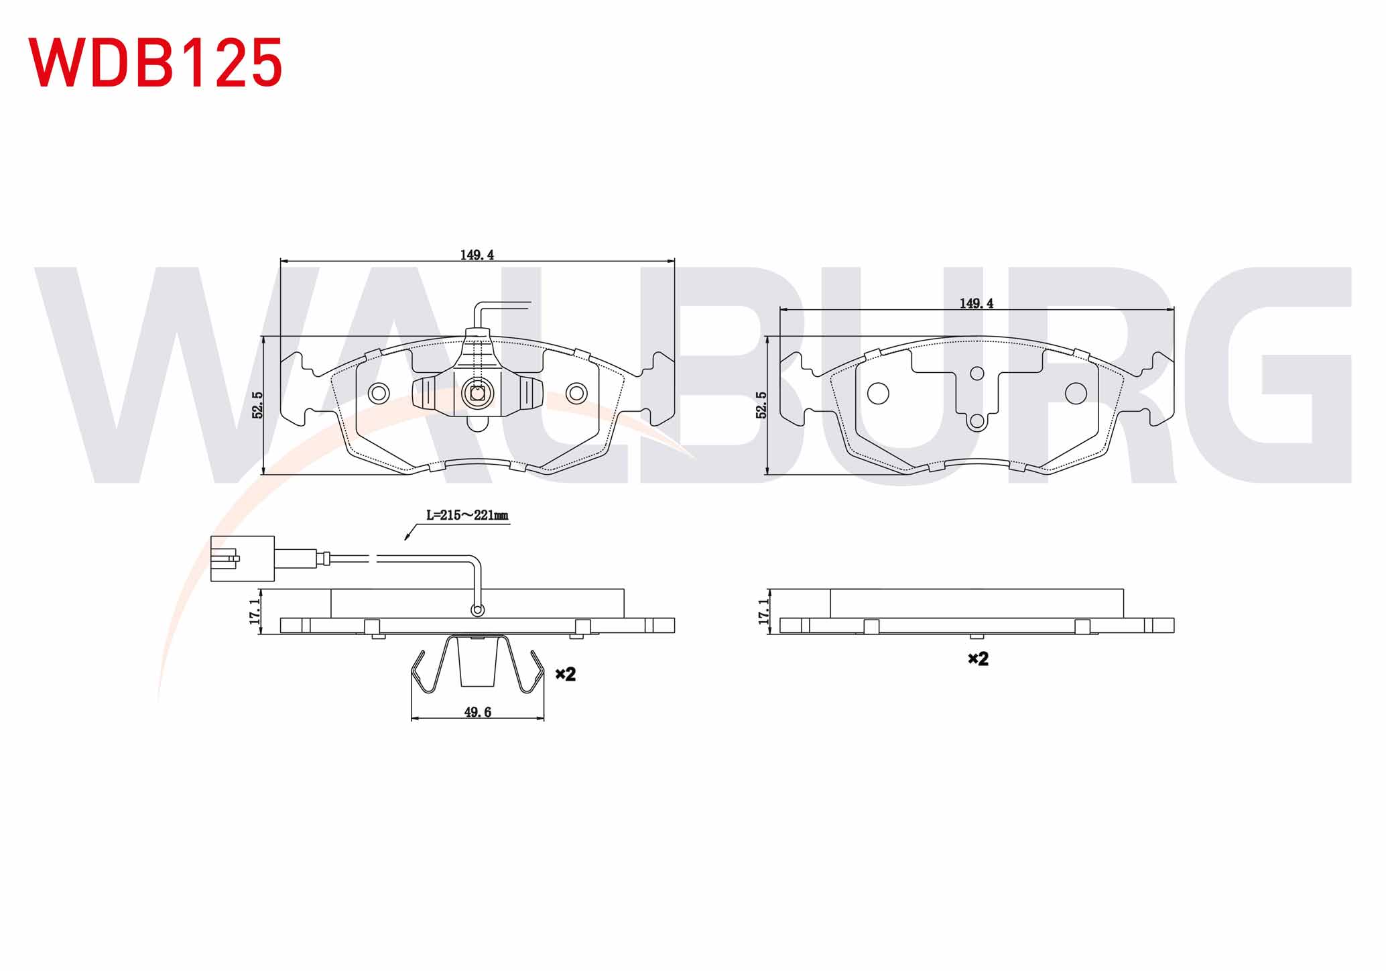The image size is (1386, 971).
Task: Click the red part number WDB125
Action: [155, 62]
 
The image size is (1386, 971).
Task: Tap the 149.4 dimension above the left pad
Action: [477, 255]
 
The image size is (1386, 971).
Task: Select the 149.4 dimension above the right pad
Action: [976, 303]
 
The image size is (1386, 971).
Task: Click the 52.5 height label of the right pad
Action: [761, 405]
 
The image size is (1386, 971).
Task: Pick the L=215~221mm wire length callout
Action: [467, 515]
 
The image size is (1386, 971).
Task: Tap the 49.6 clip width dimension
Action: [477, 712]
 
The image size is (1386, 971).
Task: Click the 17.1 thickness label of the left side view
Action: [255, 612]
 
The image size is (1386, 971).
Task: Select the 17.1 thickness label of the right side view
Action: [764, 612]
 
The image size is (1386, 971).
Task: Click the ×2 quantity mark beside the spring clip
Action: [566, 674]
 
